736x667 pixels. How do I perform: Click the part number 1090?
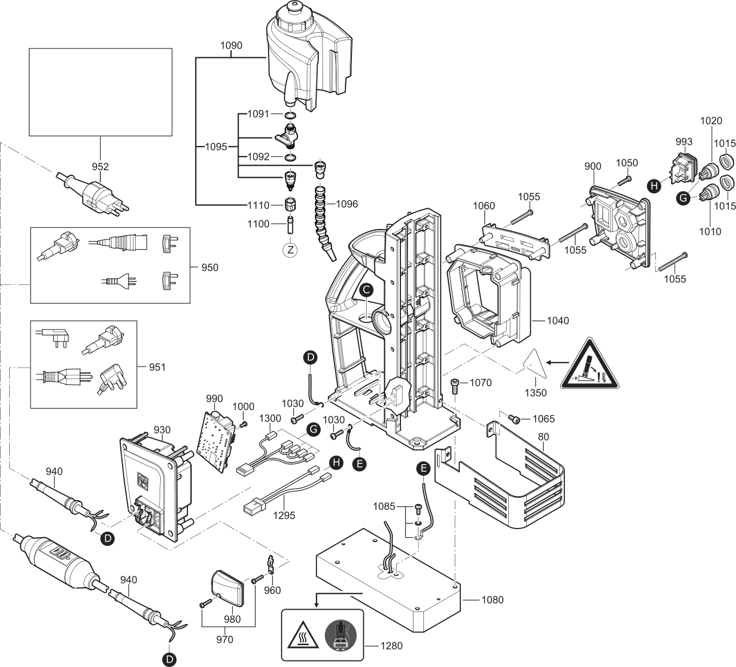232,46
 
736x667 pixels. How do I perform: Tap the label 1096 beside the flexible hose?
346,204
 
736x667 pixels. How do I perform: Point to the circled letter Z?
290,250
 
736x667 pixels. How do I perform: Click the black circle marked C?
367,290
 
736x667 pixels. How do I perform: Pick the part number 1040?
557,321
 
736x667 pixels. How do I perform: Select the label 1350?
536,393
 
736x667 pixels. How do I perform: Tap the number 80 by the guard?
543,437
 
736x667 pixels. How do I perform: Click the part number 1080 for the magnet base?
492,600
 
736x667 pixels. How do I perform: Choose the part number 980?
233,619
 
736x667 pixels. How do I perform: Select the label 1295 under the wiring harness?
284,515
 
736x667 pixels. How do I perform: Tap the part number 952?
100,167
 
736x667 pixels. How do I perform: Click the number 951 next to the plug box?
157,367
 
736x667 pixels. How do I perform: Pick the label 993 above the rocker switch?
684,142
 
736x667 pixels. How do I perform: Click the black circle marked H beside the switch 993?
654,186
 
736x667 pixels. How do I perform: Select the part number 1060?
484,206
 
